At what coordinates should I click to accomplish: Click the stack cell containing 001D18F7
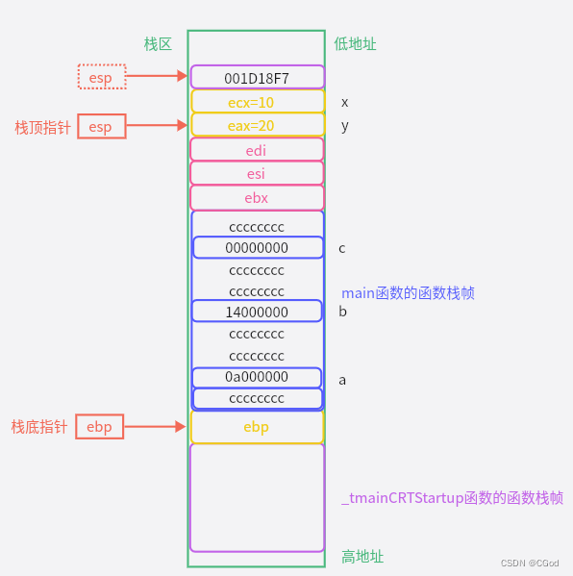coord(257,77)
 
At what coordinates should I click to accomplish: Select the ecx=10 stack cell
coord(257,101)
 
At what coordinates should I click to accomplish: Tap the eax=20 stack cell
coord(257,125)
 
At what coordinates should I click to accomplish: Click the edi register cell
coord(257,150)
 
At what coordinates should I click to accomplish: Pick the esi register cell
coord(257,173)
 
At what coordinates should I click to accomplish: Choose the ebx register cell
coord(257,198)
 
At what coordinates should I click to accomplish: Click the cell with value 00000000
coord(257,247)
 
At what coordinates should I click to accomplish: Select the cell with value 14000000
coord(257,312)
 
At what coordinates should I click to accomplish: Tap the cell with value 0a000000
coord(257,378)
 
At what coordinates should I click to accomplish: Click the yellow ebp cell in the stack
coord(257,426)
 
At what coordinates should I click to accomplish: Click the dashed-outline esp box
coord(101,76)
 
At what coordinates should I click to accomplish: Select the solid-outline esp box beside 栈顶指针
coord(101,126)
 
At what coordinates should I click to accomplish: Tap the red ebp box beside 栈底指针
coord(100,426)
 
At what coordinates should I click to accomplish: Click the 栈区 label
coord(158,44)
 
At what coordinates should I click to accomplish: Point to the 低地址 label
coord(355,44)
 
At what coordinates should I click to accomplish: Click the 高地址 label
coord(362,557)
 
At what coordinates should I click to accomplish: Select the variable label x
coord(345,102)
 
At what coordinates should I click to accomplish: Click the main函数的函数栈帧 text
coord(408,292)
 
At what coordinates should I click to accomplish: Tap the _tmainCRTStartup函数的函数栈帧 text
coord(452,498)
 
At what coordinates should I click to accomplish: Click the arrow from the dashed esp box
coord(157,75)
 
